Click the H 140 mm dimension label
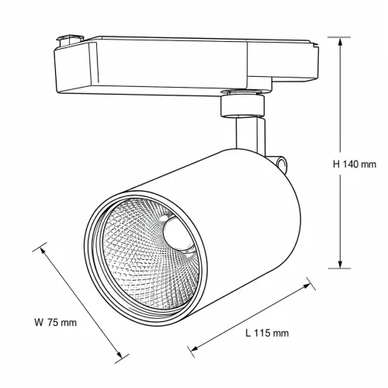click(x=355, y=165)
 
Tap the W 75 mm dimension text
click(x=56, y=323)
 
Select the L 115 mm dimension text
click(x=267, y=333)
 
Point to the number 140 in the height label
click(x=351, y=165)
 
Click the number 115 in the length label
click(x=262, y=333)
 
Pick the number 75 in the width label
click(x=53, y=323)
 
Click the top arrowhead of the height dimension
click(x=341, y=42)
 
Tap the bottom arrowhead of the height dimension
click(x=341, y=264)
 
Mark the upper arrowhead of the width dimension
click(x=43, y=250)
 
